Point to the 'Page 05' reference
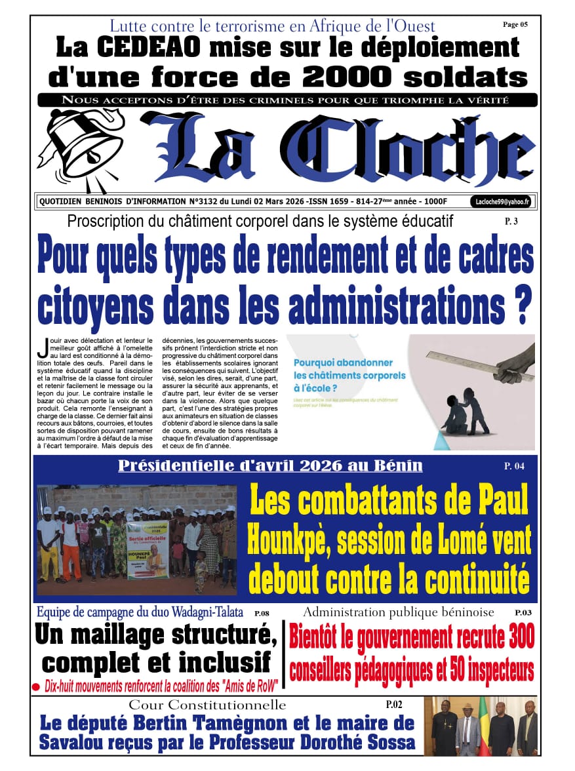click(515, 25)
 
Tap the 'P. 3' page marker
click(511, 222)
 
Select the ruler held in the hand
click(463, 361)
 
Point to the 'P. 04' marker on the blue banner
click(514, 466)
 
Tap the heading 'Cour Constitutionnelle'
click(207, 705)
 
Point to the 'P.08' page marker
click(262, 614)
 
